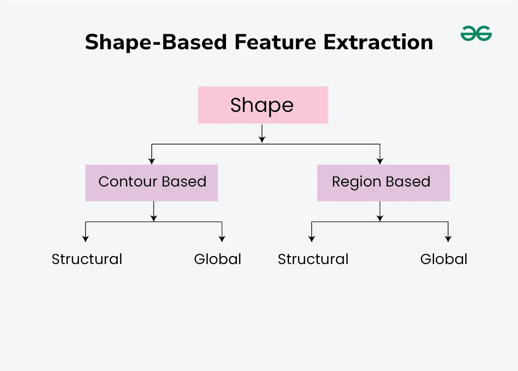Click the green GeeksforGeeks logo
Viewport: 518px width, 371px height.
coord(476,33)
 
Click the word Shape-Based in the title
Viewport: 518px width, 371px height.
coord(156,42)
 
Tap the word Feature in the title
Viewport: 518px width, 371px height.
coord(275,42)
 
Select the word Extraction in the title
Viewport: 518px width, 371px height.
coord(378,42)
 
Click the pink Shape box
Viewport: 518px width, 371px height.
coord(263,105)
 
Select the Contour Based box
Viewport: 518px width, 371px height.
coord(151,183)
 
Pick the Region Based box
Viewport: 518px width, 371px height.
coord(383,183)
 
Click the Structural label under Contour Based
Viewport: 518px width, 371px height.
coord(87,259)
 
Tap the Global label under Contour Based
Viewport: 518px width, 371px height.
coord(218,259)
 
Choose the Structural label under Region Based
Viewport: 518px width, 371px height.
coord(313,259)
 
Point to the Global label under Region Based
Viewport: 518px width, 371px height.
coord(444,259)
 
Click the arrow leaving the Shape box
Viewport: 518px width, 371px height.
coord(262,134)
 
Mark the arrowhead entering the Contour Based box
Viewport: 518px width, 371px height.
coord(151,161)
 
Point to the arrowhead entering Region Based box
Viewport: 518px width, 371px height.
coord(380,161)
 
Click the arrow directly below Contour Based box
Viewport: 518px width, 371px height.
coord(153,211)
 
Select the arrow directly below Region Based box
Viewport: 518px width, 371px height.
coord(380,211)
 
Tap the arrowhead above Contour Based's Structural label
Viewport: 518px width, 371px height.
coord(85,239)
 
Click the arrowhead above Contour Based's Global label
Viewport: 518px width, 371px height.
coord(222,239)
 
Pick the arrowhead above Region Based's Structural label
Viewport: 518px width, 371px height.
coord(311,239)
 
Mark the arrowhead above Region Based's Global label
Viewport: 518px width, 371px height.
coord(448,239)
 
